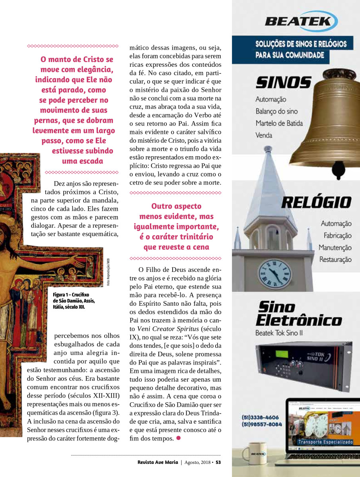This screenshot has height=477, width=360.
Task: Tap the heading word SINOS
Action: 283,83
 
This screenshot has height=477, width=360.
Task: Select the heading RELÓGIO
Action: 316,202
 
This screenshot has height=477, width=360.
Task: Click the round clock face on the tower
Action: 275,273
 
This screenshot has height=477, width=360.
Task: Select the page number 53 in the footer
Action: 218,462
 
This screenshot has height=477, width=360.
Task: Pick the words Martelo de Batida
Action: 279,123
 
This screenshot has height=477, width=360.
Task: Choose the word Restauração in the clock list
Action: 335,260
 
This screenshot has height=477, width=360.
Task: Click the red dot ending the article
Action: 178,438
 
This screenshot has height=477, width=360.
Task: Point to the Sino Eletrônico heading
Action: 298,314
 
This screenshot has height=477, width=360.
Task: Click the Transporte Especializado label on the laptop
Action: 325,442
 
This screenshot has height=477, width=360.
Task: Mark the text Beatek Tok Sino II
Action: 279,333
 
